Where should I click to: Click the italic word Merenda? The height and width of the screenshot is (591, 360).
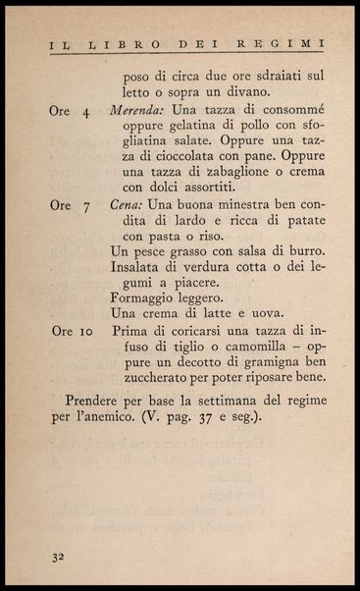click(139, 111)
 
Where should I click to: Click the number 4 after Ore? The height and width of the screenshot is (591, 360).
click(87, 112)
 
